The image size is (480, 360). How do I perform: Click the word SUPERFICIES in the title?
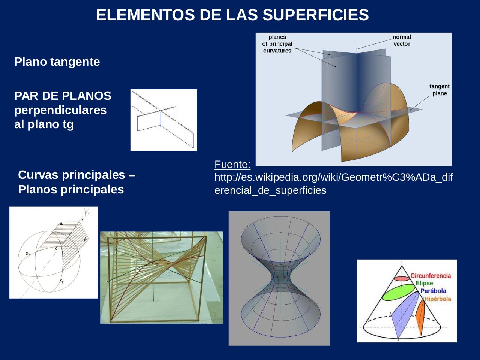316,15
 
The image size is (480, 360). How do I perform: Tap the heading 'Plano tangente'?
57,61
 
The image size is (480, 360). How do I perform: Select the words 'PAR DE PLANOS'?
63,96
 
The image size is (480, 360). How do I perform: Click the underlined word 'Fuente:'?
232,164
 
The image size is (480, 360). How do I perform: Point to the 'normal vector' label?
402,40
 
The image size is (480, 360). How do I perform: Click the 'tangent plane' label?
439,90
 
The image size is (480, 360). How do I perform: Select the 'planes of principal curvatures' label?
277,44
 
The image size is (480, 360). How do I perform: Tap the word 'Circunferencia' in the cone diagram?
430,276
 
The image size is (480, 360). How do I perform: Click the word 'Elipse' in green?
424,283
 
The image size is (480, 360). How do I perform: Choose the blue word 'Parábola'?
433,291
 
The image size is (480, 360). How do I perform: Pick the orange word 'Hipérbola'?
437,299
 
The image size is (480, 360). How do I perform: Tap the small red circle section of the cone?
402,279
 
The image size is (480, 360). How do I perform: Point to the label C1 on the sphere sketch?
28,254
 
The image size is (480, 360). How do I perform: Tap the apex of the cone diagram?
402,266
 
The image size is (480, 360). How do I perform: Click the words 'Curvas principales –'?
76,175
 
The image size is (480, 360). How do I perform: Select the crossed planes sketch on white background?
163,120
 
